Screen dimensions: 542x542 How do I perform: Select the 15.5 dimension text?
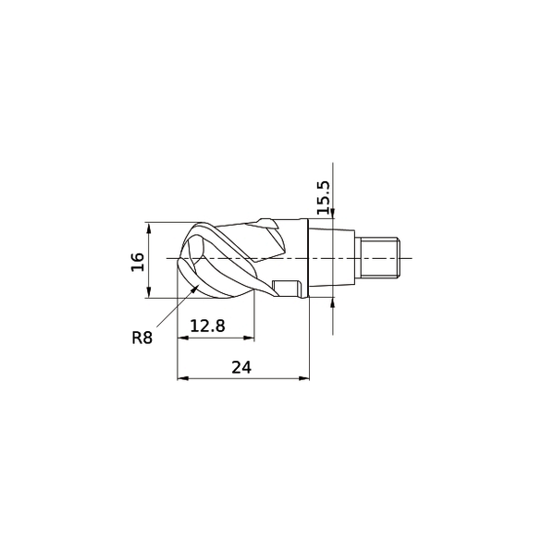click(x=323, y=198)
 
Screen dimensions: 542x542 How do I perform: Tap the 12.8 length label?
click(x=207, y=325)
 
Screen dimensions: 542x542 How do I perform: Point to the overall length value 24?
click(x=241, y=366)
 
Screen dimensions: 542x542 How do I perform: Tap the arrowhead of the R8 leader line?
click(x=198, y=289)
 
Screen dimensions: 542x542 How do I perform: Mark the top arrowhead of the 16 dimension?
click(x=149, y=227)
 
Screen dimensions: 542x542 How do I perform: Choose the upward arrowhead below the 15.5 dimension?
click(x=332, y=298)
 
